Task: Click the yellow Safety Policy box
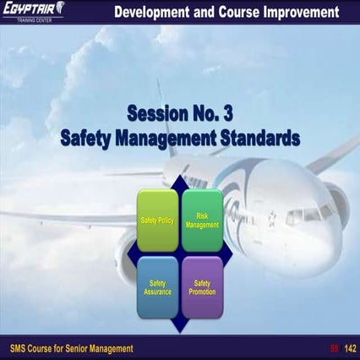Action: [x=157, y=220]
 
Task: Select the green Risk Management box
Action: [x=202, y=220]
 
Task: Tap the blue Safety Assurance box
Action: [x=157, y=286]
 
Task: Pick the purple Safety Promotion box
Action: [x=202, y=286]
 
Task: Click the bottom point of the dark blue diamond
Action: [x=180, y=330]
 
